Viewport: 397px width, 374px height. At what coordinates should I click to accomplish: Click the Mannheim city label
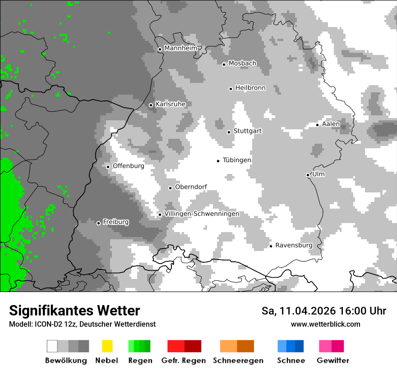(181, 48)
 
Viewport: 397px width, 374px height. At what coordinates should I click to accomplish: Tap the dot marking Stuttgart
(229, 132)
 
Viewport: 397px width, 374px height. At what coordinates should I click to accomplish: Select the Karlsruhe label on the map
(171, 104)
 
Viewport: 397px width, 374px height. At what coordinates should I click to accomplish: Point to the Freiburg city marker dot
(98, 223)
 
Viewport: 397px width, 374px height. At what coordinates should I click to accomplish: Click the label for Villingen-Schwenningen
(202, 214)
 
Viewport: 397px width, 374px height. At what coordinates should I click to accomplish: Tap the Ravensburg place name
(294, 245)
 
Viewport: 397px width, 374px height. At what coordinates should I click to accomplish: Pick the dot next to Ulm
(308, 175)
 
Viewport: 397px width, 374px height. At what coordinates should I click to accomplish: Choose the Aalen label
(331, 124)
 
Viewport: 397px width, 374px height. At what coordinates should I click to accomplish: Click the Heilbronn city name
(250, 88)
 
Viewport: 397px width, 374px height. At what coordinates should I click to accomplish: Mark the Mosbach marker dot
(224, 64)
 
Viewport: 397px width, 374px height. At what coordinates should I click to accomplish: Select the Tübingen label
(237, 160)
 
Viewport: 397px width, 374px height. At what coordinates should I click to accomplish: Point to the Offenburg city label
(129, 166)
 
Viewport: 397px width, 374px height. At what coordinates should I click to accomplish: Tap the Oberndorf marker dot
(171, 188)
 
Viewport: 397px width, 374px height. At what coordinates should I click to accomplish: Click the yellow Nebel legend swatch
(107, 346)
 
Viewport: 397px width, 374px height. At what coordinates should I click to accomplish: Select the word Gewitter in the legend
(333, 360)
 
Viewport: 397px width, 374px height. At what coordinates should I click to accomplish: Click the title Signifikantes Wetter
(74, 310)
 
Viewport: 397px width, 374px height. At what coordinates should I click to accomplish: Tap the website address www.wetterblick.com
(325, 324)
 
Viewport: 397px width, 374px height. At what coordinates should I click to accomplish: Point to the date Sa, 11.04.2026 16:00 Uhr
(324, 311)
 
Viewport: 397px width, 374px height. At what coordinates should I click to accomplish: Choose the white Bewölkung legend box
(52, 346)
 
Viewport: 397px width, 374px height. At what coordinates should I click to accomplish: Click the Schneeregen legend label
(238, 360)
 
